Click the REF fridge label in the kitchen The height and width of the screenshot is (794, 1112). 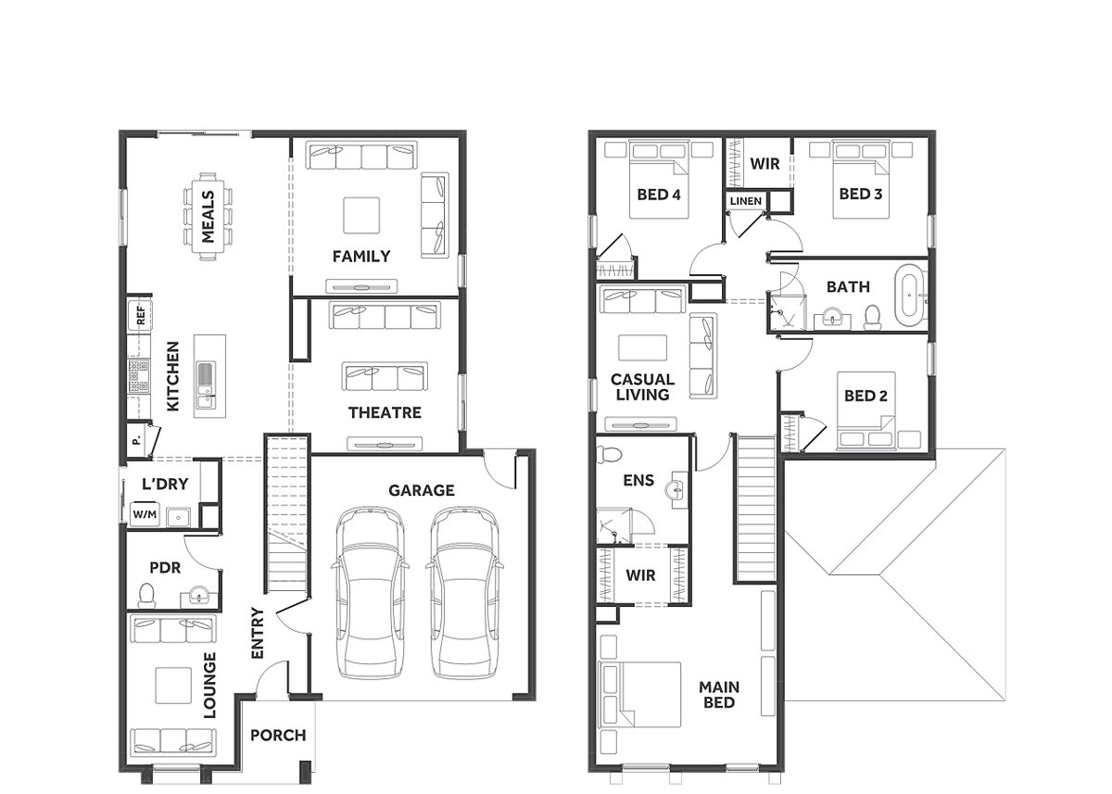point(141,316)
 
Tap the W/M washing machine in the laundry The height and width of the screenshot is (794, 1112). point(145,514)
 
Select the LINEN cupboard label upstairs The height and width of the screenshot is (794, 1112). point(746,201)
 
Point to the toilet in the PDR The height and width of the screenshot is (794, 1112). point(146,596)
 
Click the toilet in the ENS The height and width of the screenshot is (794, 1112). point(610,454)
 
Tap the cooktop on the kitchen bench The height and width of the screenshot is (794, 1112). point(138,377)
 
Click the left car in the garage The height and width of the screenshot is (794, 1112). point(371,592)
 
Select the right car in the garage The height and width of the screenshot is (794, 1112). point(464,592)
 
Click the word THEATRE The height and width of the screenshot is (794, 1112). point(385,413)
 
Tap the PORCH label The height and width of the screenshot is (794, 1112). point(278,736)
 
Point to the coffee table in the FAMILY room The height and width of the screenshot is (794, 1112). point(362,215)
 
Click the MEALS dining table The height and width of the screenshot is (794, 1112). point(208,217)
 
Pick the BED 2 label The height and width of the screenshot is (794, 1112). point(866,396)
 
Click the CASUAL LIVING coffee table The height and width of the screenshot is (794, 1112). point(643,347)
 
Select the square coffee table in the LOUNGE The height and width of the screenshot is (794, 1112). point(173,686)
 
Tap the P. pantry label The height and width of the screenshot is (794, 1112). point(136,440)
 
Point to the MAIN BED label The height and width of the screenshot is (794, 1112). point(719,695)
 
